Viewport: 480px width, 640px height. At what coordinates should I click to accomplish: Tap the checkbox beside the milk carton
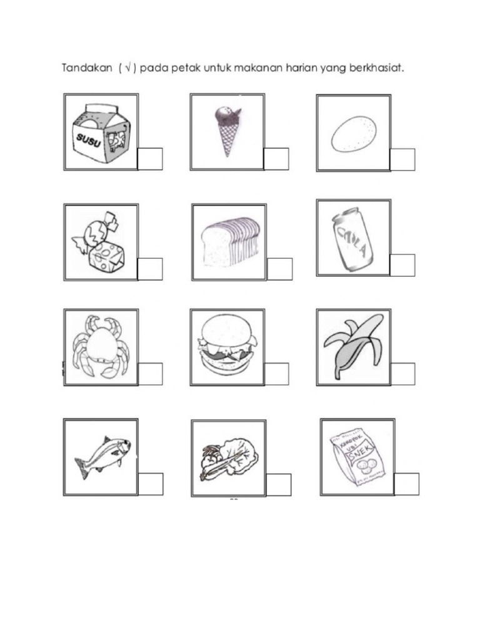[x=150, y=159]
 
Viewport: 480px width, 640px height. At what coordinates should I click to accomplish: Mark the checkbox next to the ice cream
[x=276, y=159]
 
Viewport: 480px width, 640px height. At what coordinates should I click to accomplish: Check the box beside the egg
[x=402, y=159]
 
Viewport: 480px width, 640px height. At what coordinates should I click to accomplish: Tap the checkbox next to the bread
[x=279, y=269]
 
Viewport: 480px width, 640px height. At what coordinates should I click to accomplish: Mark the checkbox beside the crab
[x=150, y=374]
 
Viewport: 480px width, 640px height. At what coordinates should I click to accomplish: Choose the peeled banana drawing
[x=353, y=346]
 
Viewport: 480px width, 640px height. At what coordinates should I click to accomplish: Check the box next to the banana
[x=402, y=373]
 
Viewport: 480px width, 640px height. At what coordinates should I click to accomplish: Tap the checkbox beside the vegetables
[x=279, y=485]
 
